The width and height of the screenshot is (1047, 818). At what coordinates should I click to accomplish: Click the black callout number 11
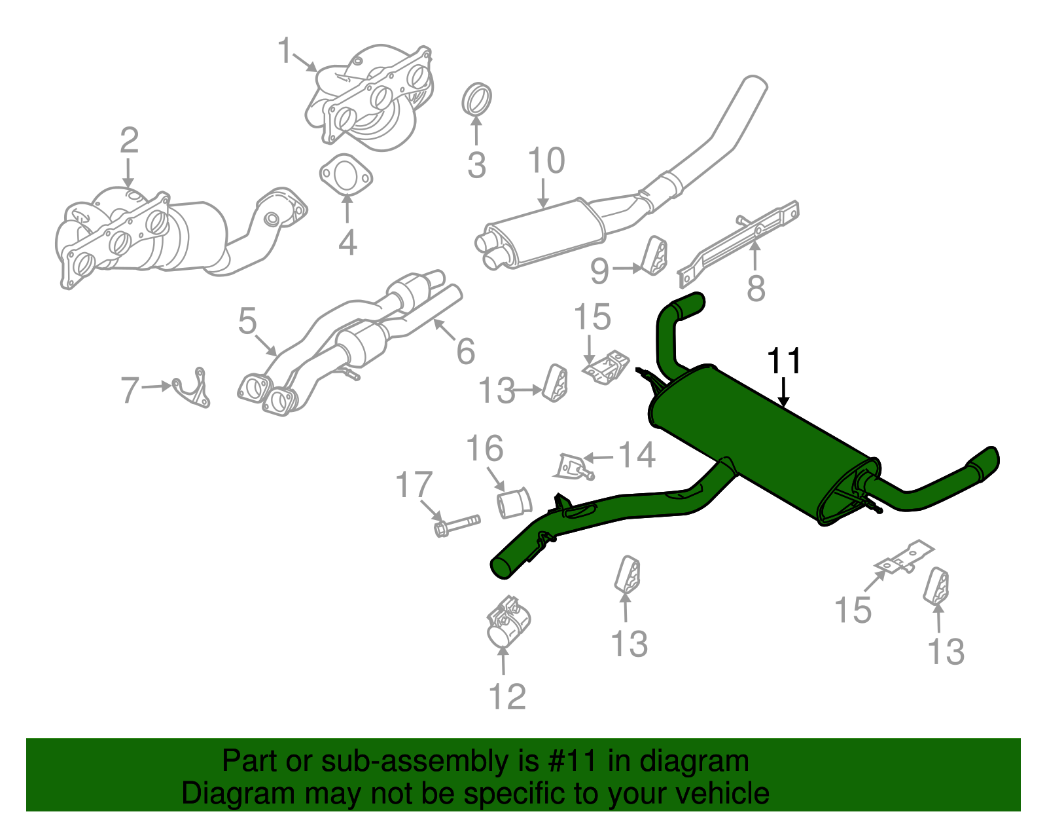(x=783, y=362)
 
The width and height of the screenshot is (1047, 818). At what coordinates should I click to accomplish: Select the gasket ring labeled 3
(x=477, y=99)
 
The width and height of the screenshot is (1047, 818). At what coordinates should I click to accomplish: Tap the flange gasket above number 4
(x=346, y=176)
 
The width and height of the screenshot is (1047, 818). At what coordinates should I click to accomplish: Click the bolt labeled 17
(x=456, y=523)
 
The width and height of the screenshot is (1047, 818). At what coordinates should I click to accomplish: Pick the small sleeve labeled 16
(x=514, y=503)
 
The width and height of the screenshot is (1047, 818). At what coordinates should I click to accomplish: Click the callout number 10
(x=546, y=161)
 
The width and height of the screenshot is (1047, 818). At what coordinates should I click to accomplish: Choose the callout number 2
(x=129, y=140)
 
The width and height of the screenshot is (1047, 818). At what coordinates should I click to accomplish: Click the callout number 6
(x=465, y=351)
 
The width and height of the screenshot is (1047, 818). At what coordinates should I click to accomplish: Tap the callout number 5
(x=247, y=321)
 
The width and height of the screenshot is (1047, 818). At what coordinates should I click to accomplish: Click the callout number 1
(x=285, y=50)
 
